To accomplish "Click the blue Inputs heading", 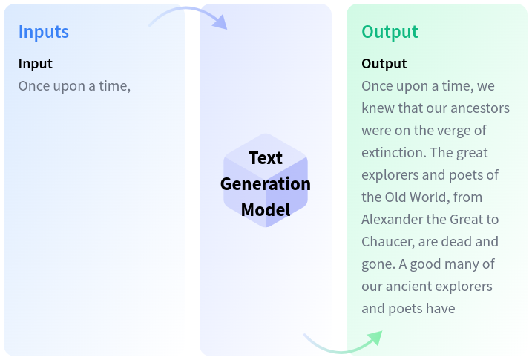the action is (x=44, y=32).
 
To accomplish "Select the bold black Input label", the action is (x=36, y=64).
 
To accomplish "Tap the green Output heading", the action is (x=390, y=32).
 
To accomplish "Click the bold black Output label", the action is (x=384, y=64).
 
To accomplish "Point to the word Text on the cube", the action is (x=266, y=158).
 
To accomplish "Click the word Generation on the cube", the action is (x=266, y=184).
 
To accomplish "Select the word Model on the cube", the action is (x=266, y=209).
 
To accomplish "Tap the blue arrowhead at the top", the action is (x=220, y=22).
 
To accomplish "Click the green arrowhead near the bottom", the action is (x=375, y=338).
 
